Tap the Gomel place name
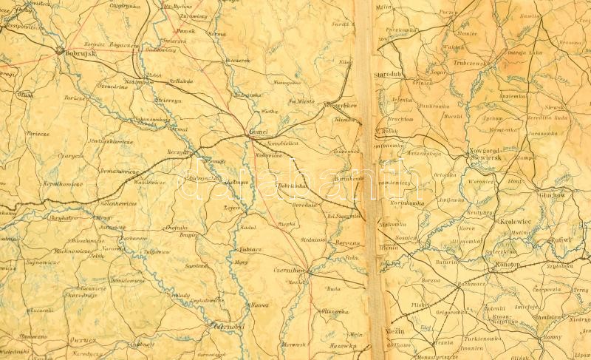click(259, 131)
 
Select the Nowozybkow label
click(339, 105)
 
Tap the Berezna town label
click(345, 242)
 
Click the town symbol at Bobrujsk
click(60, 51)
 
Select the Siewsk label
click(553, 107)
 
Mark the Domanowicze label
click(120, 171)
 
